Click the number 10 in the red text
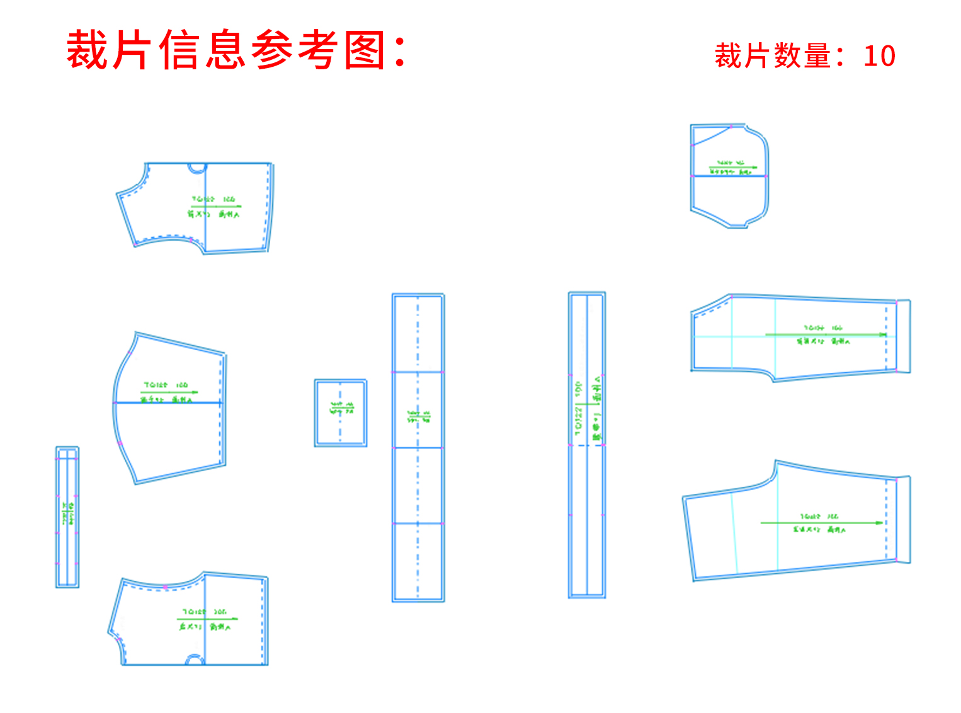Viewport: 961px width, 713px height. point(879,56)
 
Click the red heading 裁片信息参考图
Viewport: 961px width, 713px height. point(236,50)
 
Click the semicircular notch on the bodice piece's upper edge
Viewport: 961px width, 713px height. point(197,168)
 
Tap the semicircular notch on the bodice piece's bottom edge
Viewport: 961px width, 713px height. point(195,660)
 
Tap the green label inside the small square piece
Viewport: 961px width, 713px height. point(341,408)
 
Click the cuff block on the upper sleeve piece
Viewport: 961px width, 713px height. point(903,336)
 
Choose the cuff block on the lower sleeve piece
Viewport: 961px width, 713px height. point(903,520)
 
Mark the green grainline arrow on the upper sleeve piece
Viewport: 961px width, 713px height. point(825,334)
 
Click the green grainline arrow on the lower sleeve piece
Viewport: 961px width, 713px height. point(822,523)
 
